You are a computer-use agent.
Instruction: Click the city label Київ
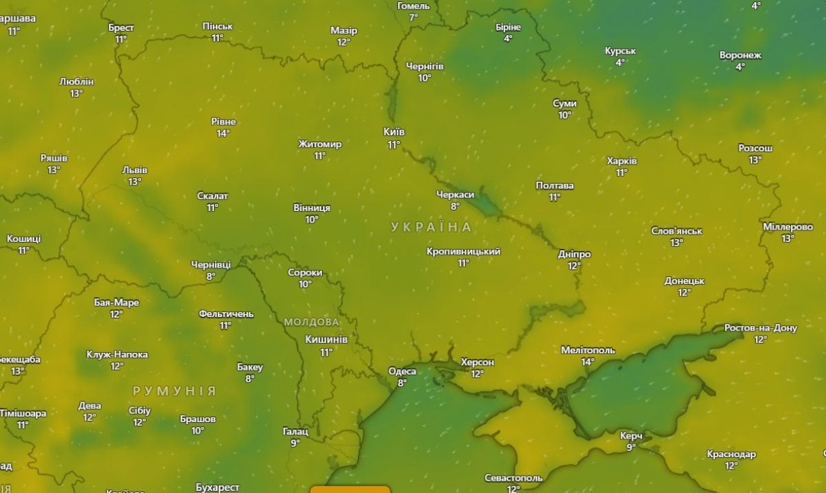click(x=394, y=132)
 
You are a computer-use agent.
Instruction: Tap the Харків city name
click(x=622, y=161)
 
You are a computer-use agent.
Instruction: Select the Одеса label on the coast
click(x=402, y=371)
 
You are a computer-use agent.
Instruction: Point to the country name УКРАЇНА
click(x=431, y=227)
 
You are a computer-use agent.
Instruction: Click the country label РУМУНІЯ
click(x=174, y=391)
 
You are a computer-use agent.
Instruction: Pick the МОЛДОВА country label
click(x=311, y=322)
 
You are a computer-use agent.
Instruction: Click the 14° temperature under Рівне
click(x=223, y=133)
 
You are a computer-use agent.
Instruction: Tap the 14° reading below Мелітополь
click(x=587, y=362)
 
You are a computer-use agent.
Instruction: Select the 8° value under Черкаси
click(x=455, y=206)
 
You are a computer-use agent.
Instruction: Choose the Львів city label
click(x=134, y=170)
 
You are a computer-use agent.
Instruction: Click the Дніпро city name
click(x=574, y=254)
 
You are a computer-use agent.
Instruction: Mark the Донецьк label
click(x=684, y=281)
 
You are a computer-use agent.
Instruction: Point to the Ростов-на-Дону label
click(x=760, y=328)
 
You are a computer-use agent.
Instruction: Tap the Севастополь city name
click(x=513, y=478)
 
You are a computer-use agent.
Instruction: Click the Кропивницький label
click(x=463, y=252)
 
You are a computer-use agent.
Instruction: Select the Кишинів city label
click(x=326, y=340)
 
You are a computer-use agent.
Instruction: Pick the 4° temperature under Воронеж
click(x=740, y=67)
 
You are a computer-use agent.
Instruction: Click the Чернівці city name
click(x=211, y=265)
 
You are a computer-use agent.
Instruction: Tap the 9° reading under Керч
click(x=631, y=448)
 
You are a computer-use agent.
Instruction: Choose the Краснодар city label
click(x=731, y=454)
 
